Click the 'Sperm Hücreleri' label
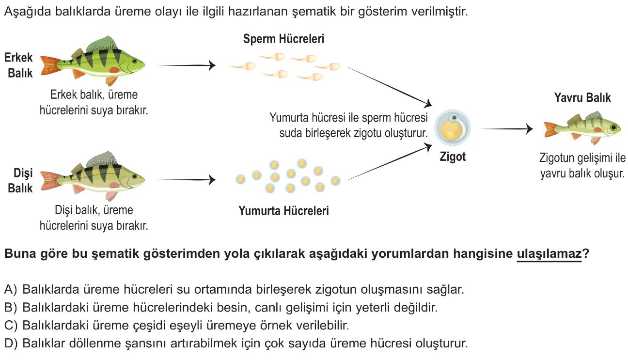coord(283,39)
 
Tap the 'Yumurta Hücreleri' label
coord(283,211)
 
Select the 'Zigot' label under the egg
coord(453,157)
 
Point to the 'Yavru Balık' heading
coord(582,97)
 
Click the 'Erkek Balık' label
coord(19,65)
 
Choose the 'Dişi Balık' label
coord(20,181)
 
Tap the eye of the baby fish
coord(613,127)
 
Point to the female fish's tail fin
coord(50,180)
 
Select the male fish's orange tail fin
coord(50,65)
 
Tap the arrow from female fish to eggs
coord(187,180)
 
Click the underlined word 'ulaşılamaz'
coord(549,253)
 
